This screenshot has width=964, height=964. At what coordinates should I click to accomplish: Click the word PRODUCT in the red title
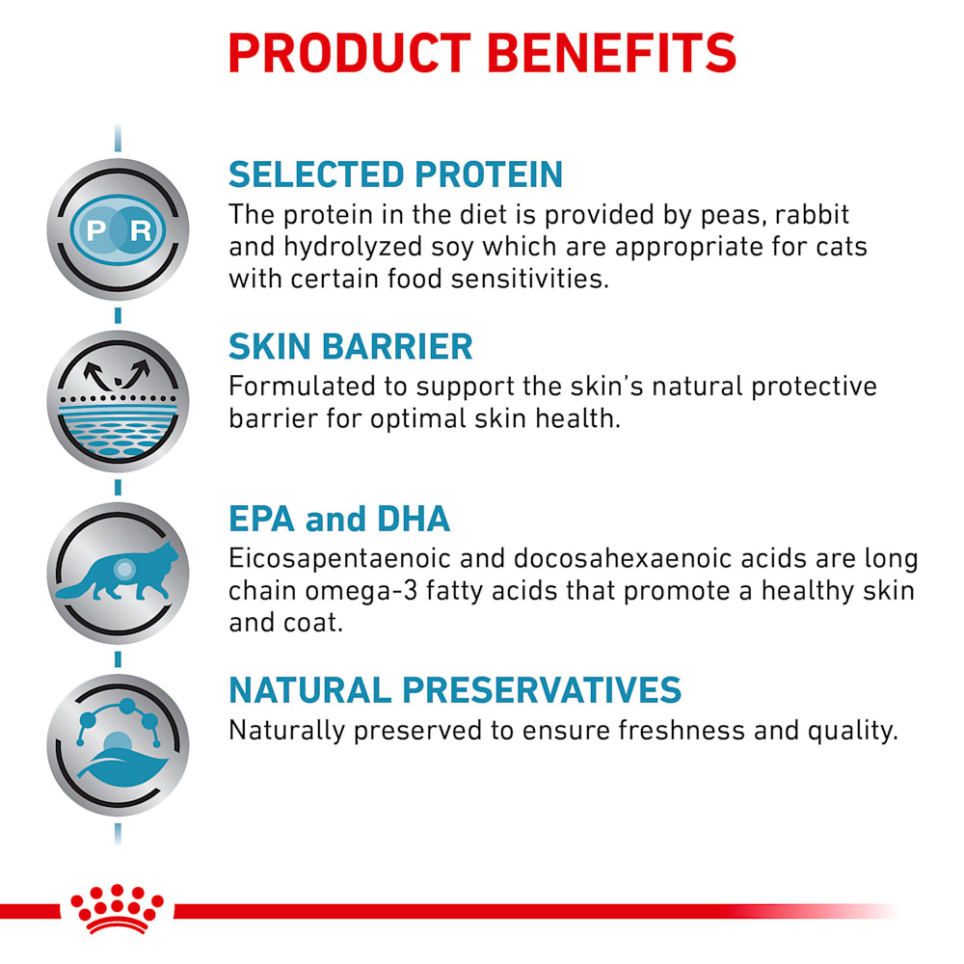[x=349, y=53]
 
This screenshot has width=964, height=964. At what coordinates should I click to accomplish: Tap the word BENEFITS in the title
[x=612, y=53]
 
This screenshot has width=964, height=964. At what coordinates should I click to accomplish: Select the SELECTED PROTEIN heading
[x=396, y=174]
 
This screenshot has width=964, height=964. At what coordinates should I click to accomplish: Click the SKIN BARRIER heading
[x=351, y=347]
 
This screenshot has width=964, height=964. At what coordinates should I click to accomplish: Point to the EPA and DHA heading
[x=339, y=519]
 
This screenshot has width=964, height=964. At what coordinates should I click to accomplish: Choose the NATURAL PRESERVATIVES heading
[x=455, y=690]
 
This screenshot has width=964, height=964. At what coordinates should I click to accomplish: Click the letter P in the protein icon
[x=95, y=231]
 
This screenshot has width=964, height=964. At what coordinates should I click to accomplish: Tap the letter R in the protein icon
[x=141, y=231]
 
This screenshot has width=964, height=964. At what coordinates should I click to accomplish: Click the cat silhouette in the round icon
[x=118, y=572]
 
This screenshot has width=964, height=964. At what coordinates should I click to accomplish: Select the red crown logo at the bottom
[x=117, y=909]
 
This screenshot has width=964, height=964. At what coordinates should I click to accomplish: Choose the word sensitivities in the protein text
[x=529, y=280]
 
